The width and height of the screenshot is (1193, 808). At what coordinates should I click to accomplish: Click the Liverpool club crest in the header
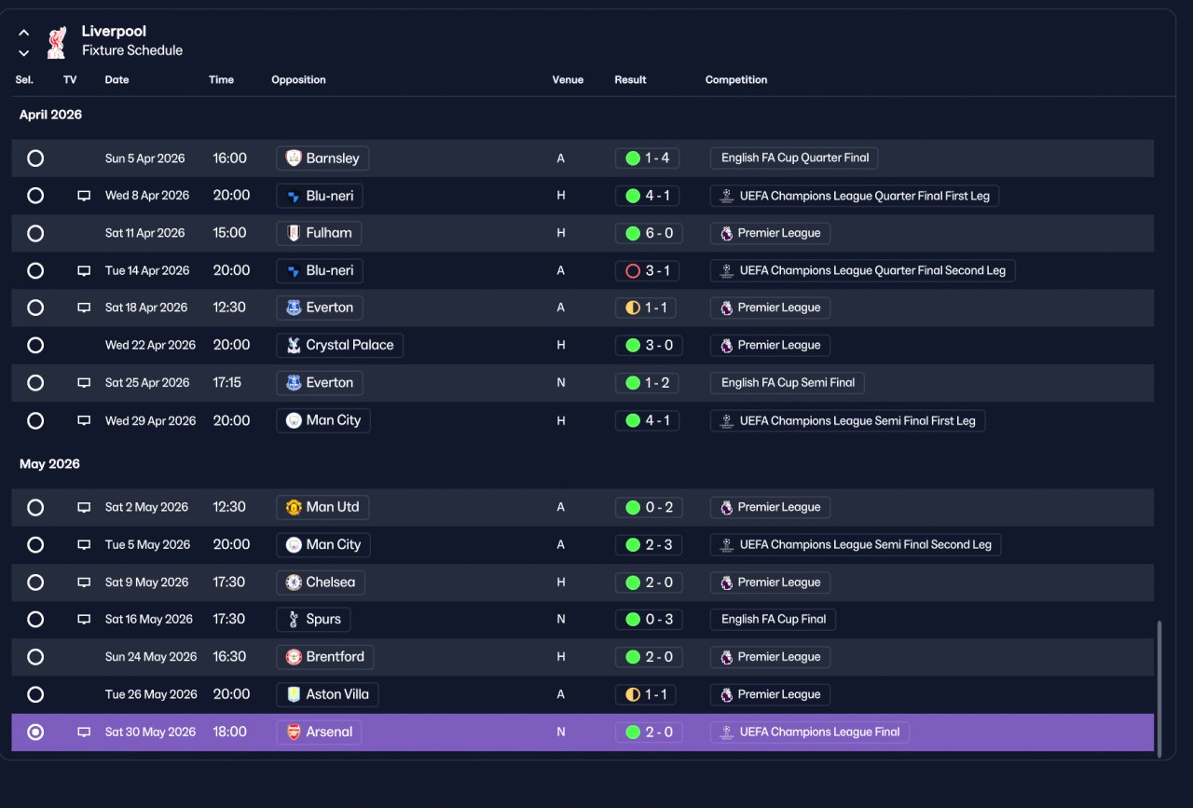click(x=57, y=42)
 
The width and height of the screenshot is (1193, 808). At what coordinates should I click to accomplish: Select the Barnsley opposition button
click(x=322, y=158)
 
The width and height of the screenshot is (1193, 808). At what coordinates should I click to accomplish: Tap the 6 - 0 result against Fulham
click(x=649, y=233)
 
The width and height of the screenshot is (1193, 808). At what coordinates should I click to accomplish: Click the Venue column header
click(x=568, y=80)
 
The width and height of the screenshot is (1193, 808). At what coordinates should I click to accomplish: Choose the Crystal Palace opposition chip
click(x=340, y=345)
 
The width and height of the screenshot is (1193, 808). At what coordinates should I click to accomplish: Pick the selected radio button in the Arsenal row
click(x=35, y=732)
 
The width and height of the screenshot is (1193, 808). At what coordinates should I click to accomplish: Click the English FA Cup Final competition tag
click(x=773, y=620)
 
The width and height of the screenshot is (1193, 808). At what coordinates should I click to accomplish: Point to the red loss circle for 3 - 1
click(x=633, y=270)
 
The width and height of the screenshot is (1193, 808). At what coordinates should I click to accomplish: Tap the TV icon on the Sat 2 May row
click(x=84, y=507)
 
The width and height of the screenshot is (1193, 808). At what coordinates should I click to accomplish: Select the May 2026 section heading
click(x=49, y=464)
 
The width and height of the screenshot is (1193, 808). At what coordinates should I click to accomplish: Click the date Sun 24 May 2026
click(x=151, y=657)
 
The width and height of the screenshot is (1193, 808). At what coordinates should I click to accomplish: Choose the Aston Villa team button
click(x=327, y=694)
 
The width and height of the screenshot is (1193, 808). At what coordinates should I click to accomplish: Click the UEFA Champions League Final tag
click(x=810, y=732)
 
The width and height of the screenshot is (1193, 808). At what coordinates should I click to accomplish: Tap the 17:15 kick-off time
click(x=226, y=382)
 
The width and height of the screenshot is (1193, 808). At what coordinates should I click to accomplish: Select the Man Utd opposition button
click(x=322, y=507)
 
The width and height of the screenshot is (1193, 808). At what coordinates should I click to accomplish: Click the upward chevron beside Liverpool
click(x=24, y=33)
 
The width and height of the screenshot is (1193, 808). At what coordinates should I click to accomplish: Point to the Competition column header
click(x=736, y=80)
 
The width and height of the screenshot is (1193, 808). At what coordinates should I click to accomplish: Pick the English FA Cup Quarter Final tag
click(x=794, y=158)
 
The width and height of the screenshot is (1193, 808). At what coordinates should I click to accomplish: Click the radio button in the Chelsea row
click(x=35, y=582)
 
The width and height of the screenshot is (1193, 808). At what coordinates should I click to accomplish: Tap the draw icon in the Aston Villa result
click(x=633, y=694)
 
